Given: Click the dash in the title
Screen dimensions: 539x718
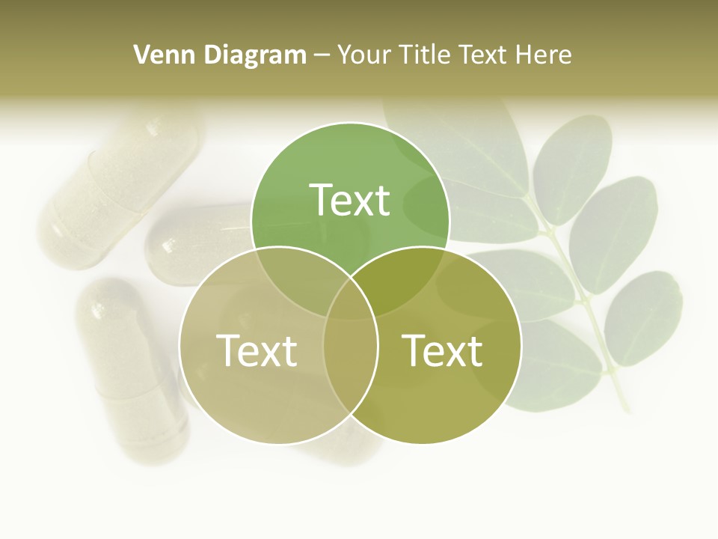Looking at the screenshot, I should pos(322,55).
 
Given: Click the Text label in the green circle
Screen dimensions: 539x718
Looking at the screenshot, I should pos(350,200).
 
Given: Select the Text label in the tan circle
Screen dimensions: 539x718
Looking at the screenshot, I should pos(257,350).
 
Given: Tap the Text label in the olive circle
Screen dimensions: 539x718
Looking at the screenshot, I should pos(443,350).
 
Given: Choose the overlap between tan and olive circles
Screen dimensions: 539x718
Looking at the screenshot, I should pos(350,359).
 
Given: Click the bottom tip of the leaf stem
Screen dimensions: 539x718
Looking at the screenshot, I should pos(625,409).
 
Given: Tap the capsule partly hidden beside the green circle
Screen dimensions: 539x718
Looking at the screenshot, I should pos(198,240).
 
